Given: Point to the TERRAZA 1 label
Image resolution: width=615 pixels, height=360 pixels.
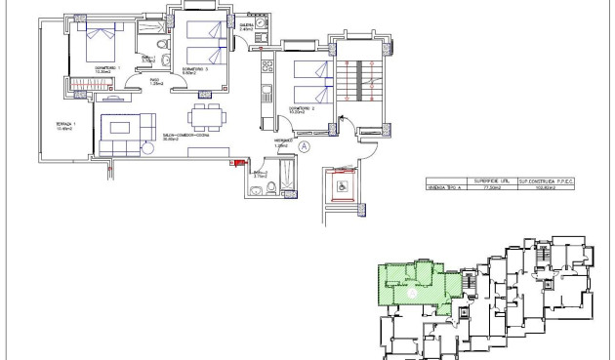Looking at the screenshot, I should point(63,125).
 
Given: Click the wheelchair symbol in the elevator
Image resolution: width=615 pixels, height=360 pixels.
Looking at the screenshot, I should point(343,185).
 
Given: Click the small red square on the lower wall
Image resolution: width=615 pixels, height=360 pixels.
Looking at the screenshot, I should point(233,163).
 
